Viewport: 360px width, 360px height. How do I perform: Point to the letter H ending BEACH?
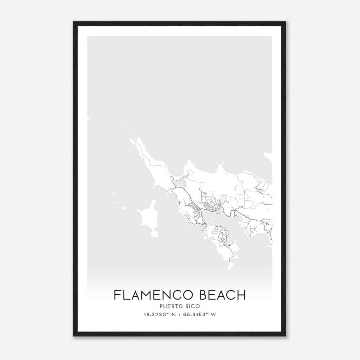[241, 295]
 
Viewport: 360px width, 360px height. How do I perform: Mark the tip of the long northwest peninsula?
[132, 140]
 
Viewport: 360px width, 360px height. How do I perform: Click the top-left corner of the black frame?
[74, 22]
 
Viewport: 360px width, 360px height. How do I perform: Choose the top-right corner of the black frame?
[286, 22]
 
